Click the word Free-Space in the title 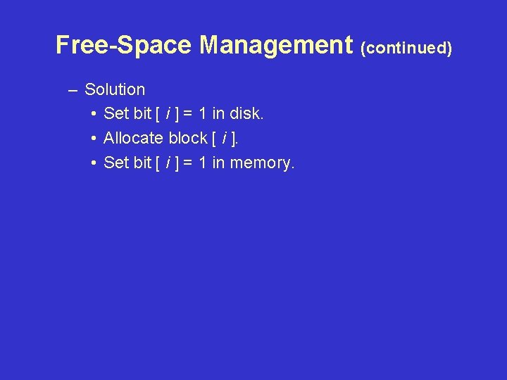[123, 45]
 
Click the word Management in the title [275, 45]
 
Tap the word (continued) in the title [406, 48]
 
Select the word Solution [115, 89]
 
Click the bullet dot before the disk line [94, 114]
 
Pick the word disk [246, 113]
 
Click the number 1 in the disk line [203, 113]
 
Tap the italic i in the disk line [168, 113]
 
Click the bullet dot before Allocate [94, 139]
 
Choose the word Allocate [134, 138]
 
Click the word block [187, 138]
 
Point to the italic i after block [223, 138]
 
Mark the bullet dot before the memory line [94, 163]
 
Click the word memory [261, 163]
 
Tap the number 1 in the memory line [203, 163]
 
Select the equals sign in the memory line [188, 163]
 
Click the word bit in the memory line [142, 163]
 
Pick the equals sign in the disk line [188, 114]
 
